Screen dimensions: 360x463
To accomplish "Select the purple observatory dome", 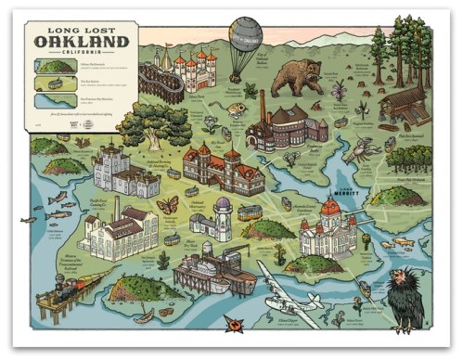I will click(225, 203).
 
